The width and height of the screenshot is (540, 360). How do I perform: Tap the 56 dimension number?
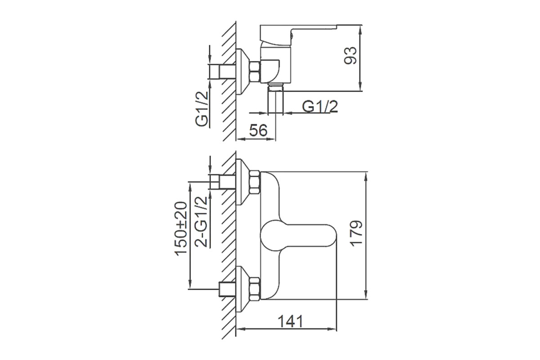pos(258,130)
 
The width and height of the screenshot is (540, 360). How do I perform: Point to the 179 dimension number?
pos(356,233)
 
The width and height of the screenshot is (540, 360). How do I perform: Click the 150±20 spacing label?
pos(180,229)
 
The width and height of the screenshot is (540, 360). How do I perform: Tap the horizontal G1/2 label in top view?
pos(320,106)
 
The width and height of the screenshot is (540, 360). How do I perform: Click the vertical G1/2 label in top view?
pos(201,109)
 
